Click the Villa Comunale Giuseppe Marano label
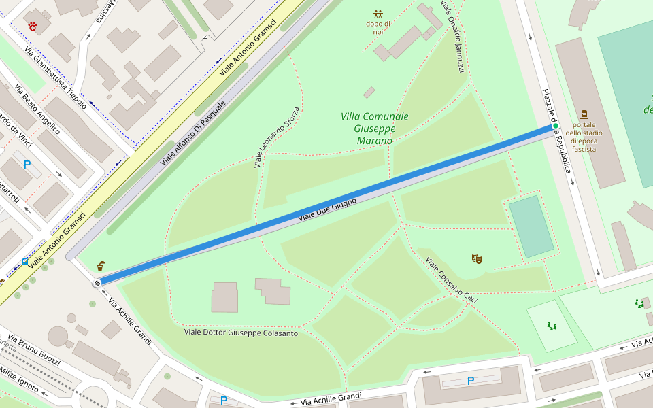375,129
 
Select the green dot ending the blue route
555,126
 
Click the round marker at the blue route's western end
98,282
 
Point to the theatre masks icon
477,258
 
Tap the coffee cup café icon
101,265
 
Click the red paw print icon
33,26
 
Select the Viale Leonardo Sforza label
277,137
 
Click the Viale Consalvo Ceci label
452,280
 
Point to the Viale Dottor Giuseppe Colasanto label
241,333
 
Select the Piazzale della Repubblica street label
556,131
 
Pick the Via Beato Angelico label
37,112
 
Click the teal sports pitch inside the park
531,226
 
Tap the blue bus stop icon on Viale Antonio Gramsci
25,261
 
